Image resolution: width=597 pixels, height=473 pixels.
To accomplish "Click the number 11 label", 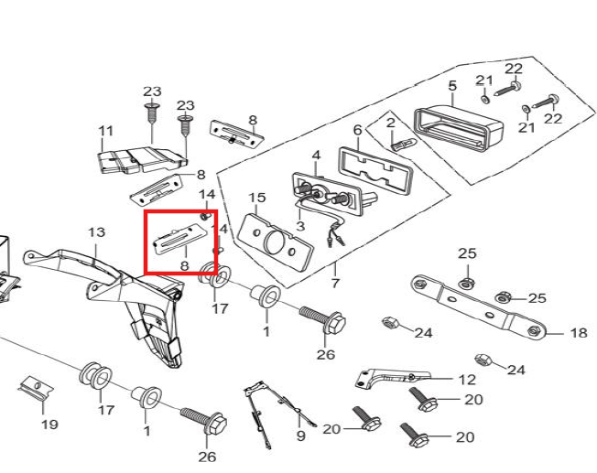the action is pos(106,131).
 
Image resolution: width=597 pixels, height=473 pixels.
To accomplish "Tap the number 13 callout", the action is pos(97,232).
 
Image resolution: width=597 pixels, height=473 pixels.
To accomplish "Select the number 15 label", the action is pos(257,198).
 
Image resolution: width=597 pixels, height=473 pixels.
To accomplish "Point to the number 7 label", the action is pos(335,283).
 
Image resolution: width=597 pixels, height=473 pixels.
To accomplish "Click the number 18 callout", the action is pos(579,333).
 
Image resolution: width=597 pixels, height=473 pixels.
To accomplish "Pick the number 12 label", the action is pos(467,380).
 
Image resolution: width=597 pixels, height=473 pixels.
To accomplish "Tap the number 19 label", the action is pos(49,424).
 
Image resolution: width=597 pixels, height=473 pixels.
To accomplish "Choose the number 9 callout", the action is pos(300,435).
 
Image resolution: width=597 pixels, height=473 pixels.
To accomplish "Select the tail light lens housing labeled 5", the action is pos(459,128).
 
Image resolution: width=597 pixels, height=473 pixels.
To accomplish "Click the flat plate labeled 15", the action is pos(276,242).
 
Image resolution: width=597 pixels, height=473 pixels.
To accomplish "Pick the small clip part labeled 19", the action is pos(36,388).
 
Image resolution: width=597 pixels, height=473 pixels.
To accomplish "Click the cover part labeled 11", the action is pos(142,160).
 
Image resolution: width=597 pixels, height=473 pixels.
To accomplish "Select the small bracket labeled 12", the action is pos(393,378).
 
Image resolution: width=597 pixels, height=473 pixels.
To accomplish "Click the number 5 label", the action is pos(452,85).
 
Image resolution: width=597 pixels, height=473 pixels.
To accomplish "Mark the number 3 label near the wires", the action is pos(300,226).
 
